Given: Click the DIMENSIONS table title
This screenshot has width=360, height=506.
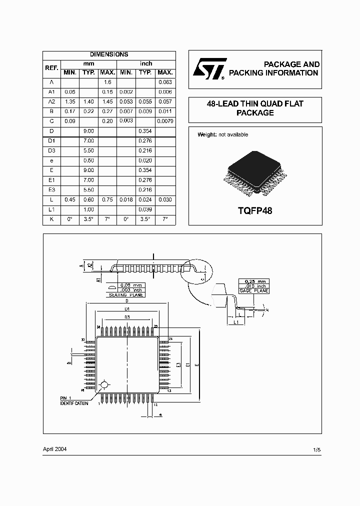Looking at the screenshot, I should [x=109, y=54].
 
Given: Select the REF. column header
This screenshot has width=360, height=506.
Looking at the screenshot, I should [x=52, y=68].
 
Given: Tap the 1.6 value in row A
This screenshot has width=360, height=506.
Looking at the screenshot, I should [x=107, y=81].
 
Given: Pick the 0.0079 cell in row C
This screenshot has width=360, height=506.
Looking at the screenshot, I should [x=165, y=121].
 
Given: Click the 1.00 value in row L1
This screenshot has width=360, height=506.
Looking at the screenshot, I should [x=88, y=209].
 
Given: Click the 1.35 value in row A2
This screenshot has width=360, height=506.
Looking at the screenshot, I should [x=70, y=101].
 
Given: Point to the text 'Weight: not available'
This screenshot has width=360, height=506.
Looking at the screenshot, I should [x=222, y=134].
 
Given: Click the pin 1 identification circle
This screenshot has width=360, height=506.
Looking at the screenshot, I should [x=104, y=384].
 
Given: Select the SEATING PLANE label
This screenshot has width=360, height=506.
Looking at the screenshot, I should [x=126, y=295].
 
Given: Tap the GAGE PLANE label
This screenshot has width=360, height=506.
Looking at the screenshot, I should [x=253, y=290].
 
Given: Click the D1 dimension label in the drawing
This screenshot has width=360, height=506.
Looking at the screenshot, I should [x=127, y=309].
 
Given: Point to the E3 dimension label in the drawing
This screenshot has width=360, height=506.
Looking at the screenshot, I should [x=178, y=364].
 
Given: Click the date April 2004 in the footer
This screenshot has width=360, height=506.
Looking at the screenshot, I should [x=54, y=449].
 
